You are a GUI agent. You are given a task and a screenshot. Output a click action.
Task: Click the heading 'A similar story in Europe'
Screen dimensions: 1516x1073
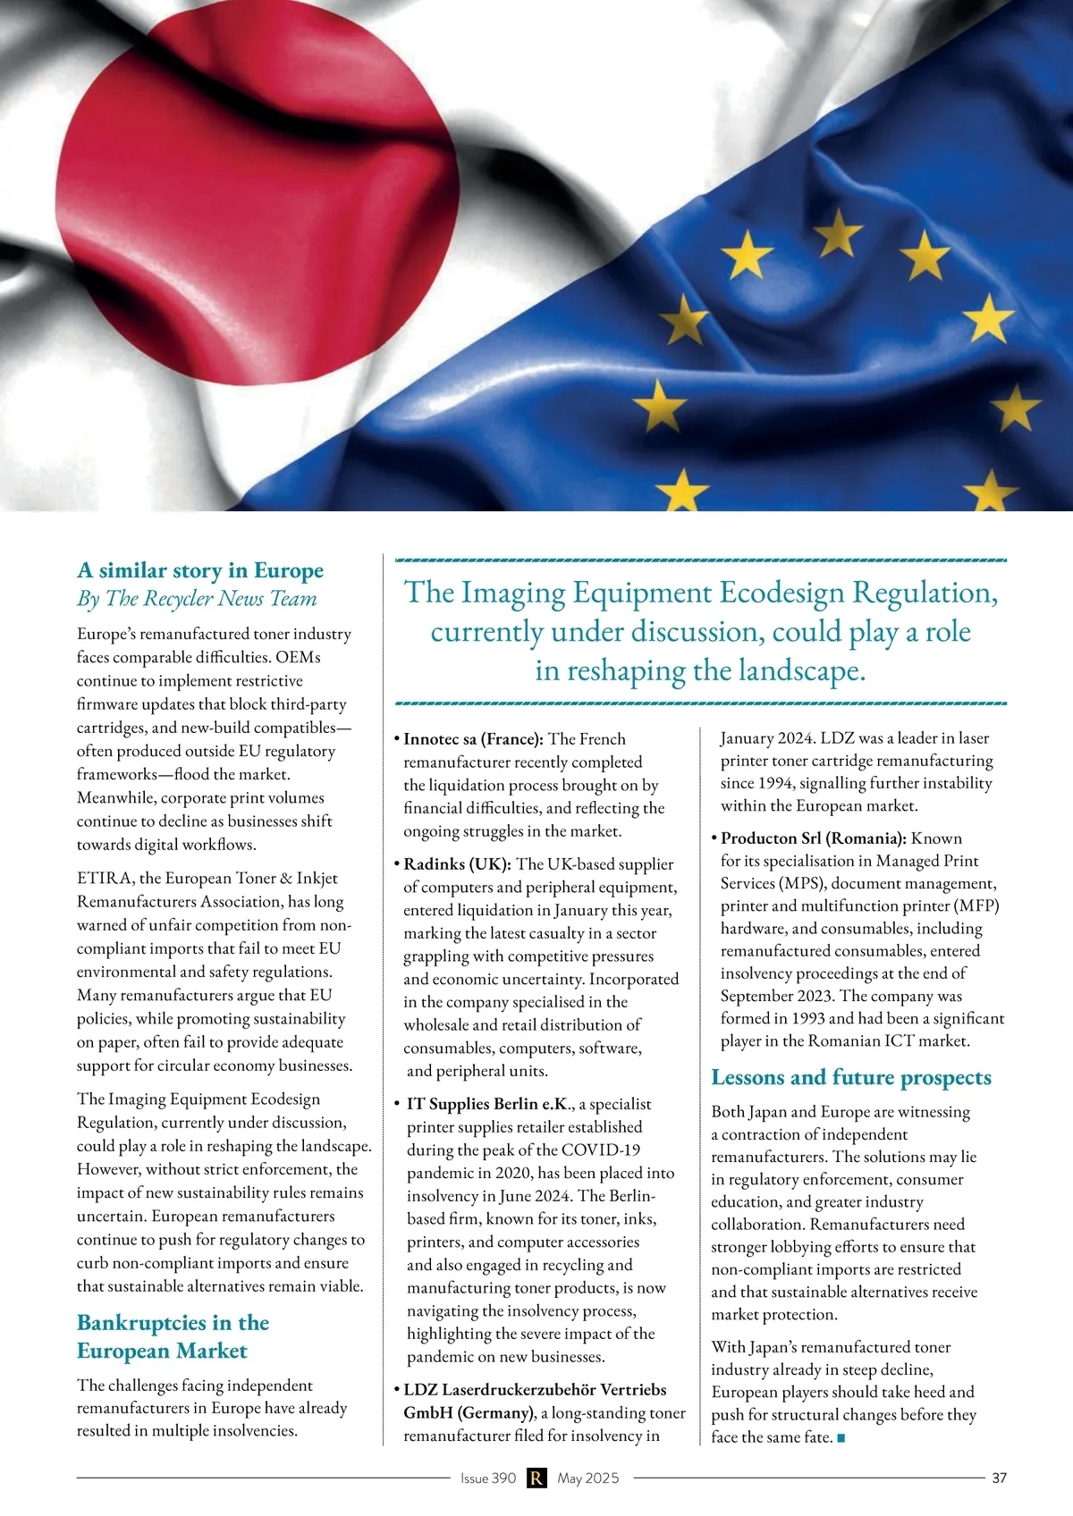click(x=200, y=570)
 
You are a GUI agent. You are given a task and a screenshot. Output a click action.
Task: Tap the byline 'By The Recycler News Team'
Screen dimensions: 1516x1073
click(x=197, y=599)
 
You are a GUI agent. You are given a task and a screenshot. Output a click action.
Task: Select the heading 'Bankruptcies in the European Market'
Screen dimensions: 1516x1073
click(x=173, y=1336)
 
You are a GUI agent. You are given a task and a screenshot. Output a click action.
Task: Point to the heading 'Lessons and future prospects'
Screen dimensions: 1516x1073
click(x=850, y=1077)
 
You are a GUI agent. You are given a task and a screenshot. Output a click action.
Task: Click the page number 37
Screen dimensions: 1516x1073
click(x=999, y=1478)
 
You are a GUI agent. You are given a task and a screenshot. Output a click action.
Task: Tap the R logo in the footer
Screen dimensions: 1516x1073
click(x=536, y=1478)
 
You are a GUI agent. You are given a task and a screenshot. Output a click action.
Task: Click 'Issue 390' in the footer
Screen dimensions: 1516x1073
click(x=488, y=1478)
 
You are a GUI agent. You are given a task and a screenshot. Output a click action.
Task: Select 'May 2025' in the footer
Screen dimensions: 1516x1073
click(x=587, y=1478)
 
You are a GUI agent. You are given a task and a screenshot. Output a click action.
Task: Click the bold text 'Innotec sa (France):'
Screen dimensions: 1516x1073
click(x=473, y=739)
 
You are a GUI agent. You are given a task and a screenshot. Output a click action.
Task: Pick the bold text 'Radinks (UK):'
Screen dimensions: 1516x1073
click(x=457, y=864)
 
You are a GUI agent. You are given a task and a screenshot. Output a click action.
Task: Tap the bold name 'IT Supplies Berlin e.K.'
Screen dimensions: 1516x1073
click(x=488, y=1104)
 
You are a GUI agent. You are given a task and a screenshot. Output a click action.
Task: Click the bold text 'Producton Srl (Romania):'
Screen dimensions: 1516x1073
click(x=814, y=838)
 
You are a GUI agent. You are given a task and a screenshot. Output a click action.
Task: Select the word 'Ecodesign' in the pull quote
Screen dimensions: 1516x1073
click(x=782, y=593)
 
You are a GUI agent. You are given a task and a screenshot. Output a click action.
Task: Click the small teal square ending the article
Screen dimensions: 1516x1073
click(x=841, y=1438)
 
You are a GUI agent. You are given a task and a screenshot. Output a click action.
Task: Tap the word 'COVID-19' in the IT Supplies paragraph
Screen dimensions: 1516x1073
click(x=608, y=1150)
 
